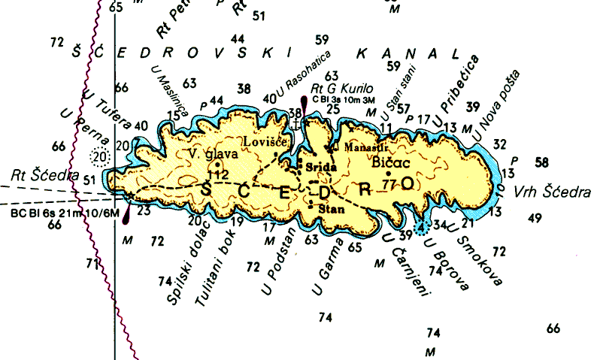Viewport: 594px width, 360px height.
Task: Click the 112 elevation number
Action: (218, 174)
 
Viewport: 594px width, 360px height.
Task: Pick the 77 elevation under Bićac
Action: (389, 183)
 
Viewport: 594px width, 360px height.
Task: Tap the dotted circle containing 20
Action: (99, 156)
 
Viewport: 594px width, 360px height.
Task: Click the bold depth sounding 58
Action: (541, 162)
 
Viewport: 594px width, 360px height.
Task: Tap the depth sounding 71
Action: (92, 263)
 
